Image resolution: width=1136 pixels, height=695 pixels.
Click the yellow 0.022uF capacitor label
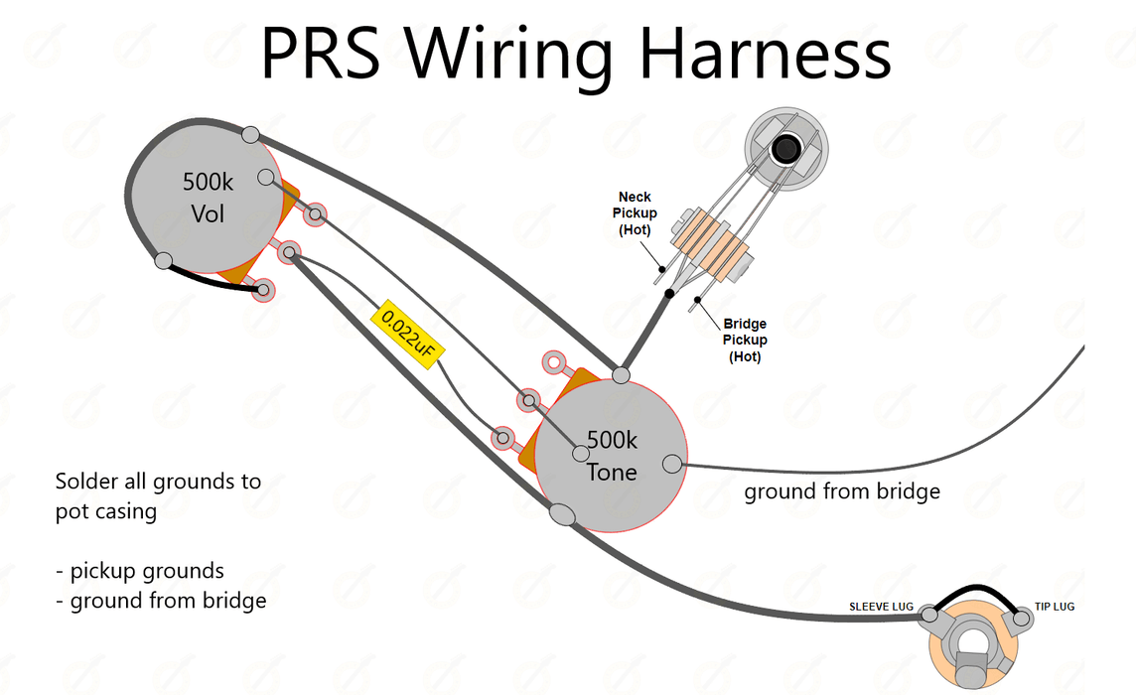pyautogui.click(x=406, y=337)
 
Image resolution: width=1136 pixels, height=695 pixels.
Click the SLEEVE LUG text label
pyautogui.click(x=881, y=606)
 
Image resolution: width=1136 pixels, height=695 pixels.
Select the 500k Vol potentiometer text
pyautogui.click(x=208, y=198)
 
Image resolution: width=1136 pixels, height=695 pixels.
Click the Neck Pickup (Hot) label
pyautogui.click(x=635, y=213)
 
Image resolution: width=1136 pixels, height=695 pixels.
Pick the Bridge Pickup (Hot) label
pyautogui.click(x=745, y=340)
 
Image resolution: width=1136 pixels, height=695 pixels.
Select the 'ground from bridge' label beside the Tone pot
pyautogui.click(x=842, y=491)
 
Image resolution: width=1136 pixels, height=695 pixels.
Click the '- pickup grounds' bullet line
pyautogui.click(x=140, y=571)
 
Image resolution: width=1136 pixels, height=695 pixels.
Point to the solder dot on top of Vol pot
pyautogui.click(x=251, y=134)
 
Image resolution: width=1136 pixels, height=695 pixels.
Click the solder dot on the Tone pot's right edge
pyautogui.click(x=672, y=462)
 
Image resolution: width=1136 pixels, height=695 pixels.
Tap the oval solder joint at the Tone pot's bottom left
pyautogui.click(x=561, y=513)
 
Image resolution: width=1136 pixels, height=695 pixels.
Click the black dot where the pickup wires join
pyautogui.click(x=670, y=294)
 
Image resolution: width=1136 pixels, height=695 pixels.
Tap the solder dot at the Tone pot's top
pyautogui.click(x=621, y=374)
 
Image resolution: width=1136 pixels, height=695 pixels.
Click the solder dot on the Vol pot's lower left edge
pyautogui.click(x=163, y=261)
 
